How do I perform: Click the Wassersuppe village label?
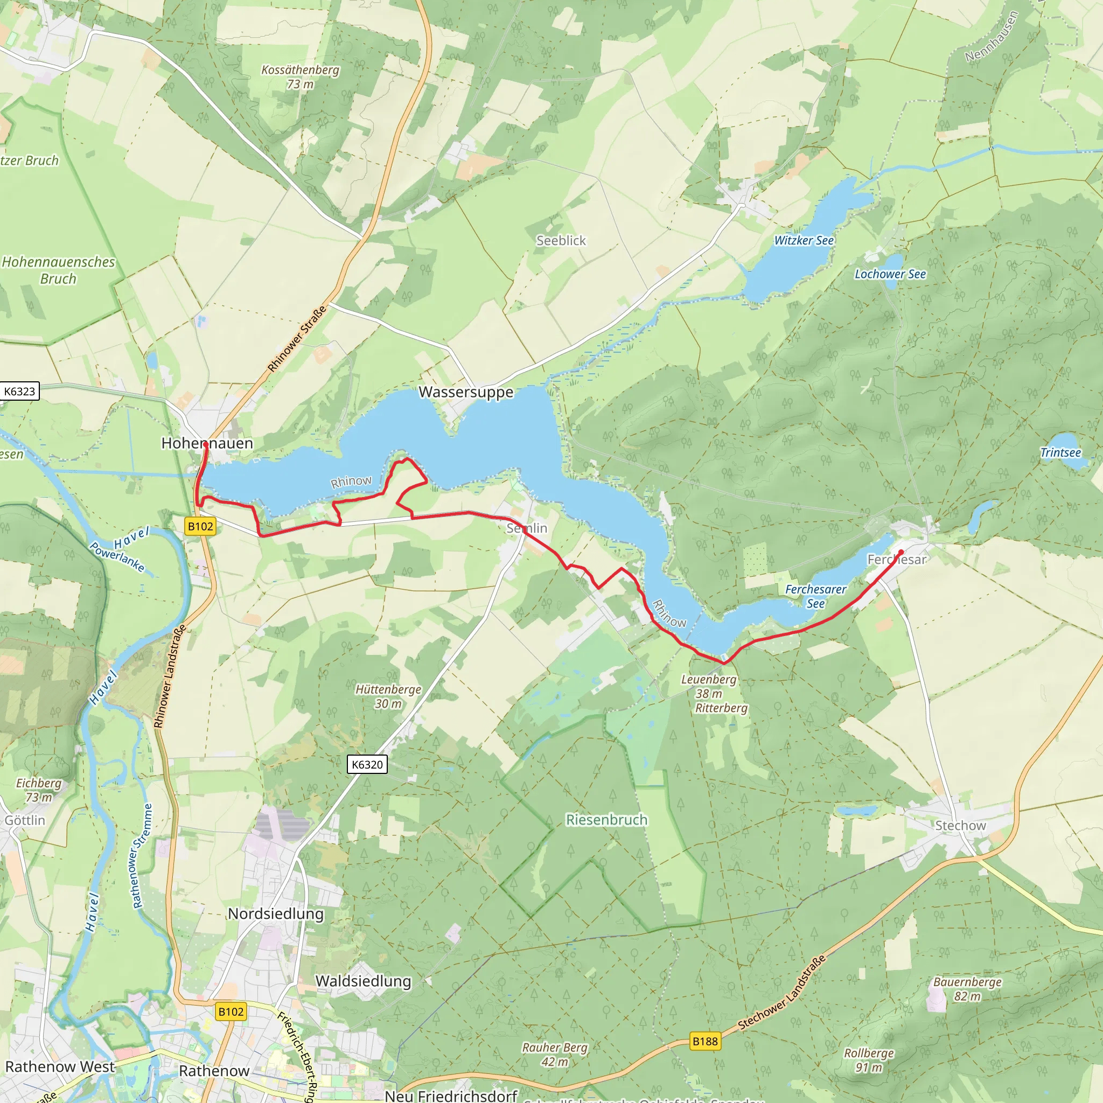[x=466, y=392]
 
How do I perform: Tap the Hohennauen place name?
[x=207, y=443]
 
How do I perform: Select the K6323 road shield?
[x=19, y=391]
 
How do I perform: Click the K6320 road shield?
[x=367, y=764]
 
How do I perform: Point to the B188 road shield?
[x=704, y=1042]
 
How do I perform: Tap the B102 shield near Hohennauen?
[x=200, y=526]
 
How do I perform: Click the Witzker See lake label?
[x=804, y=240]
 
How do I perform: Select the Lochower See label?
[x=890, y=274]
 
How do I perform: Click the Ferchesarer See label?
[x=815, y=596]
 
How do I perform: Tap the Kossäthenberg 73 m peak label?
[x=301, y=76]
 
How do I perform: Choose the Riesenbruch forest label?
[x=606, y=820]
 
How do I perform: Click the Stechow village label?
[x=960, y=826]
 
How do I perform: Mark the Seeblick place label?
[x=561, y=241]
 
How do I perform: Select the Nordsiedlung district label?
[x=276, y=913]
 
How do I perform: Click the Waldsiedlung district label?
[x=363, y=981]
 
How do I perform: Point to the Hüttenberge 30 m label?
[x=388, y=696]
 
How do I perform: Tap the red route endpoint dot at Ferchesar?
[x=901, y=552]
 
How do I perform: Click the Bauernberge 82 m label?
[x=967, y=989]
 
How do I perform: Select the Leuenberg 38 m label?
[x=709, y=686]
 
